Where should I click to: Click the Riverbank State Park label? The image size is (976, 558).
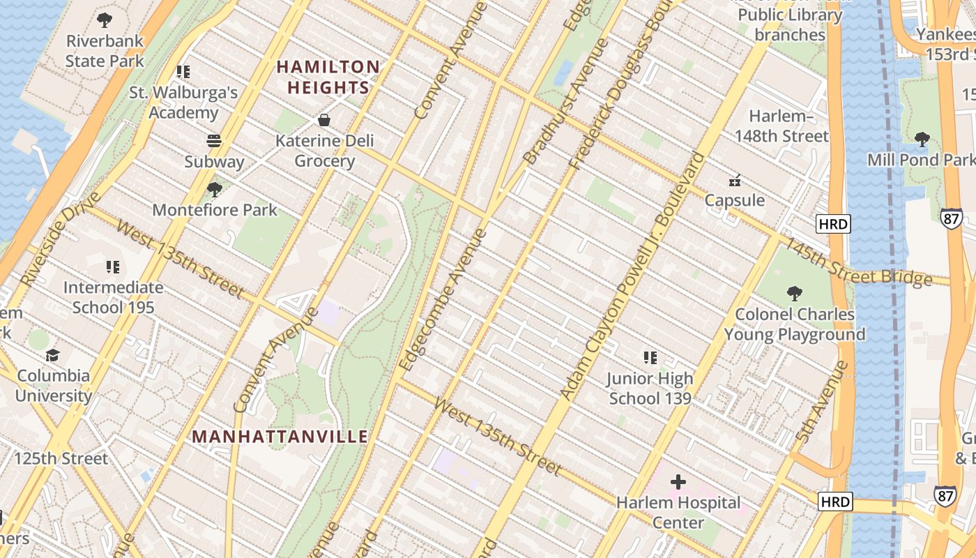(105, 51)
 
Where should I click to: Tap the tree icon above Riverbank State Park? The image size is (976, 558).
(105, 20)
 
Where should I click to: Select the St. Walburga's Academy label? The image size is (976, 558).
(183, 103)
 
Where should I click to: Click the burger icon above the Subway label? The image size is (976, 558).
(214, 141)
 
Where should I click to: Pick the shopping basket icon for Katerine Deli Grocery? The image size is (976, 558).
(324, 120)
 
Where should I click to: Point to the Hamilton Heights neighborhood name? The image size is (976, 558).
(328, 77)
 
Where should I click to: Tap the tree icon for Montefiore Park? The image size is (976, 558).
(215, 189)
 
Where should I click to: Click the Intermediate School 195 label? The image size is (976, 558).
(113, 297)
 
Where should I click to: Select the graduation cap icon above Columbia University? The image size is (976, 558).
(53, 356)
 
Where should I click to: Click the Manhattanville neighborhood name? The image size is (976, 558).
(280, 437)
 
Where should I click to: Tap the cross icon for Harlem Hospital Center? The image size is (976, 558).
(678, 481)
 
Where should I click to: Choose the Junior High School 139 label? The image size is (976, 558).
(650, 389)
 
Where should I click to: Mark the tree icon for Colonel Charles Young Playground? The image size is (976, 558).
(794, 294)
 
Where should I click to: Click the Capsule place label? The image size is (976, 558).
(734, 200)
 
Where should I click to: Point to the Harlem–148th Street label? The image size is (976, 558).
(781, 126)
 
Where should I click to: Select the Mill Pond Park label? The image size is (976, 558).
(921, 160)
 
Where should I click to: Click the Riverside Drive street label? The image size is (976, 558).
(52, 245)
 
